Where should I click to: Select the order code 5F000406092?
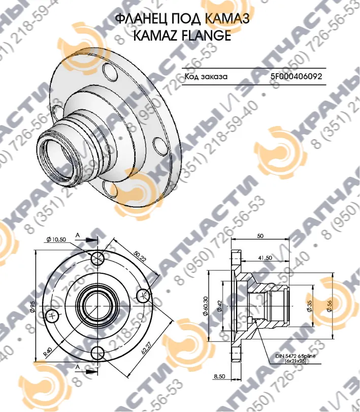tap(296, 77)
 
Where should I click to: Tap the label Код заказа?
tap(206, 77)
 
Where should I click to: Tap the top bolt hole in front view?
tap(97, 258)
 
